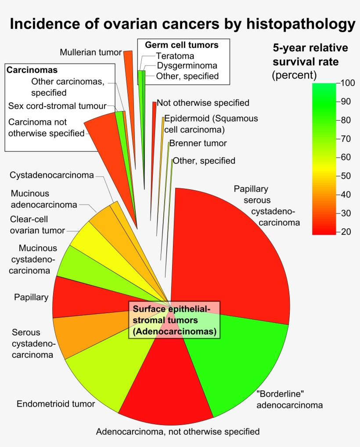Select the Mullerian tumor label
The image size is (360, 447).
coord(90,53)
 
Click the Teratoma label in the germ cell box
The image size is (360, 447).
coord(175,56)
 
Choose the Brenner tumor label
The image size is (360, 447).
coord(198,143)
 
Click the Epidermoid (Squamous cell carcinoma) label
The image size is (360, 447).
coord(211,124)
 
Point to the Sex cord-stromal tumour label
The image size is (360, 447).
coord(58,106)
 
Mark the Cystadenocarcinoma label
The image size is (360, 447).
coord(52,175)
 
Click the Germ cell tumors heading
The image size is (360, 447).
coord(182,45)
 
